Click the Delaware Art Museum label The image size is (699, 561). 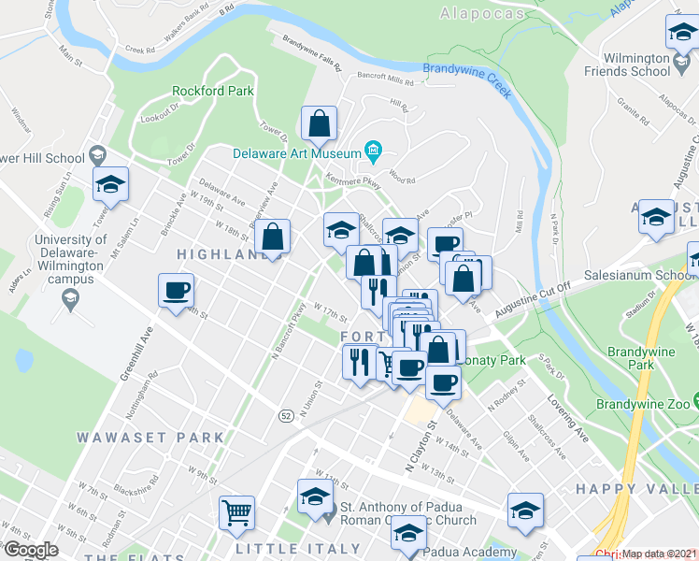(x=297, y=153)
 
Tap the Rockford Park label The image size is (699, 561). (x=213, y=91)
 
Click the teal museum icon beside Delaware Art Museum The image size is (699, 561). (x=373, y=150)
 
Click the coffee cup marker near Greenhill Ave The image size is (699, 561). (x=176, y=290)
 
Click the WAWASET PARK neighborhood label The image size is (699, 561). (x=150, y=438)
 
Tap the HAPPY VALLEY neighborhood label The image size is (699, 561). (x=636, y=489)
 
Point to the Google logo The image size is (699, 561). (x=31, y=549)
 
